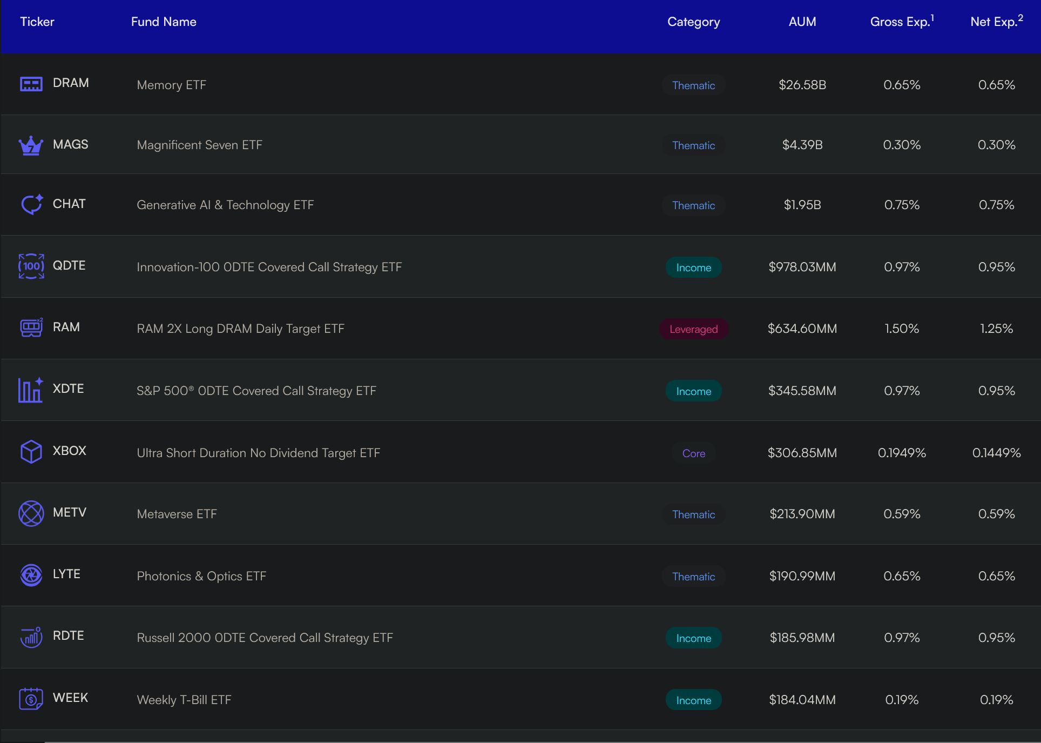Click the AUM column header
click(x=802, y=22)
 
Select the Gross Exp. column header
click(x=902, y=21)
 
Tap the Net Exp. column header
click(x=997, y=21)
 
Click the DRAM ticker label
click(x=71, y=83)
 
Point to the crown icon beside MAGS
click(x=31, y=145)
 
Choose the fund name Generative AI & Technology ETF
click(x=225, y=205)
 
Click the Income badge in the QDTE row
click(x=694, y=267)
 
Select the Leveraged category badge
click(x=694, y=329)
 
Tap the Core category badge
click(x=694, y=453)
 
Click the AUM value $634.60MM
click(x=802, y=329)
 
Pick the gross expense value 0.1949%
click(x=902, y=453)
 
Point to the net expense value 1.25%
click(x=997, y=329)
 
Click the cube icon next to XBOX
click(x=31, y=451)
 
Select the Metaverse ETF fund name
click(x=177, y=514)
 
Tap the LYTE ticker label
click(x=66, y=574)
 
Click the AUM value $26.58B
click(x=802, y=85)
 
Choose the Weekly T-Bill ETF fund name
click(x=184, y=700)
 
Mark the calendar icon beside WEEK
click(x=31, y=699)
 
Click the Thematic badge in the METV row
click(x=694, y=514)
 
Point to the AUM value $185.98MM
click(x=802, y=638)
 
